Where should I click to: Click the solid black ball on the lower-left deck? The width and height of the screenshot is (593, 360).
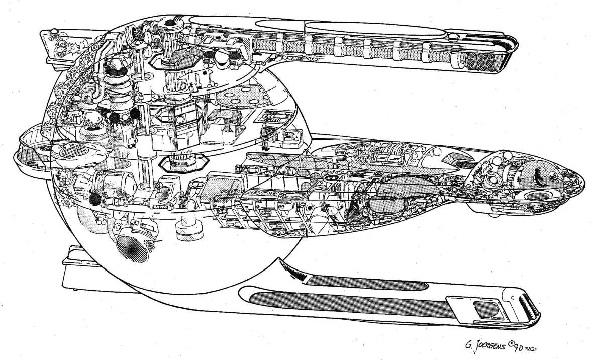click(x=93, y=199)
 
